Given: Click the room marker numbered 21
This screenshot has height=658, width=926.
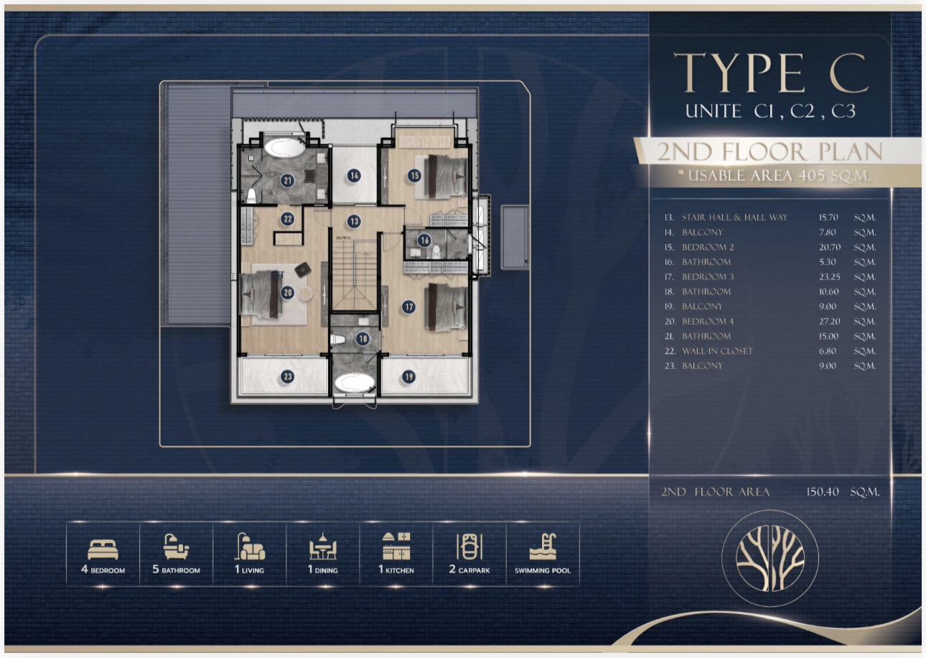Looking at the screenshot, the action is coord(288,180).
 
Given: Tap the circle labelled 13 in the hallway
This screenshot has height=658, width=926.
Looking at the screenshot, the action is coord(354,221).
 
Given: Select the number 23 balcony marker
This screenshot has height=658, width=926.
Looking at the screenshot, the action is coord(288,377).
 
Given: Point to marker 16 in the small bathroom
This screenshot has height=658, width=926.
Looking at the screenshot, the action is coord(424,240).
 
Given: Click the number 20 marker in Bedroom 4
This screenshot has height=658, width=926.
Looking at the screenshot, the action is coord(288,293).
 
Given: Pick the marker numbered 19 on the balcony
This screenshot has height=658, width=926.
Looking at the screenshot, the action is coord(408,377).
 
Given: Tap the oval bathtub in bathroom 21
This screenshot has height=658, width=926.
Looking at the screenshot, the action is coord(284,148).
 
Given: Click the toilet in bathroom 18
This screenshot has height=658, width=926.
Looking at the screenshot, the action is coord(337,339).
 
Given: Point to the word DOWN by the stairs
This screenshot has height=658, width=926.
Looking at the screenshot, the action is coord(343,238).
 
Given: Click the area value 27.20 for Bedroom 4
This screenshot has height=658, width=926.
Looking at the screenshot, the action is coord(829,321).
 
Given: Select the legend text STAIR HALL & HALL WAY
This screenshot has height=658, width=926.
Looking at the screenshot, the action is coord(734,217).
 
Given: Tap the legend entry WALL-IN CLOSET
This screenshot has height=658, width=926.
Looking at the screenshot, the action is coord(717,351).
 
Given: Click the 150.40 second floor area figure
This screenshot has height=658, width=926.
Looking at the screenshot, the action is coord(822,492).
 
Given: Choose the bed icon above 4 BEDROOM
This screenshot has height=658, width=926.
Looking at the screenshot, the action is coord(103,550).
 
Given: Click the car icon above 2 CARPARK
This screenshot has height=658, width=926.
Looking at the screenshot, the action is coord(469,546).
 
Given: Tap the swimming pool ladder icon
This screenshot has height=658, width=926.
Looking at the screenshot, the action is coord(543,546).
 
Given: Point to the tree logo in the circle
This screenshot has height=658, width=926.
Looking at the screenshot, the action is coord(770,558).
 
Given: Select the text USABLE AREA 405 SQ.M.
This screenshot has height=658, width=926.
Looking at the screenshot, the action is coord(780,176).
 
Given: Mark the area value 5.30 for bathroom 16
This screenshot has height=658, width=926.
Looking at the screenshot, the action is coord(827,262).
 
